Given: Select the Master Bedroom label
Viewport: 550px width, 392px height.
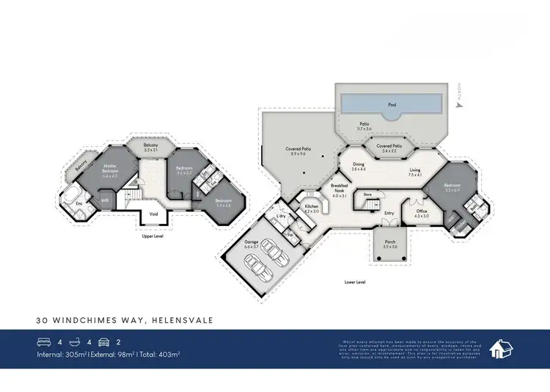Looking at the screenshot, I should tap(110, 170).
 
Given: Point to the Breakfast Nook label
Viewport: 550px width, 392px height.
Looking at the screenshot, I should tap(338, 189).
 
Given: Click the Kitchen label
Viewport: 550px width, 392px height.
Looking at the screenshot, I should tap(312, 208).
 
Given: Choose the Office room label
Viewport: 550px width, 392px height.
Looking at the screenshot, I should tap(422, 212).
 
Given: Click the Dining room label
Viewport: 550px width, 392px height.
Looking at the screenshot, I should tap(359, 165).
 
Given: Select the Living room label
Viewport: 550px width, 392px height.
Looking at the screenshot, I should tap(414, 171).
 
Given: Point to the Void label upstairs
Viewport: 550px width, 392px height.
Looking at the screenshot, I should tap(153, 214).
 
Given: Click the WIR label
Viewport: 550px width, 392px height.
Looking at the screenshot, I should tap(105, 200).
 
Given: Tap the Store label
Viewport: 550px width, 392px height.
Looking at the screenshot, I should tap(368, 195).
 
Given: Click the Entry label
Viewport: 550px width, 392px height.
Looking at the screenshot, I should tap(389, 214).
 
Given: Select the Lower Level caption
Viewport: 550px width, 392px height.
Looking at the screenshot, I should tap(355, 282).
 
